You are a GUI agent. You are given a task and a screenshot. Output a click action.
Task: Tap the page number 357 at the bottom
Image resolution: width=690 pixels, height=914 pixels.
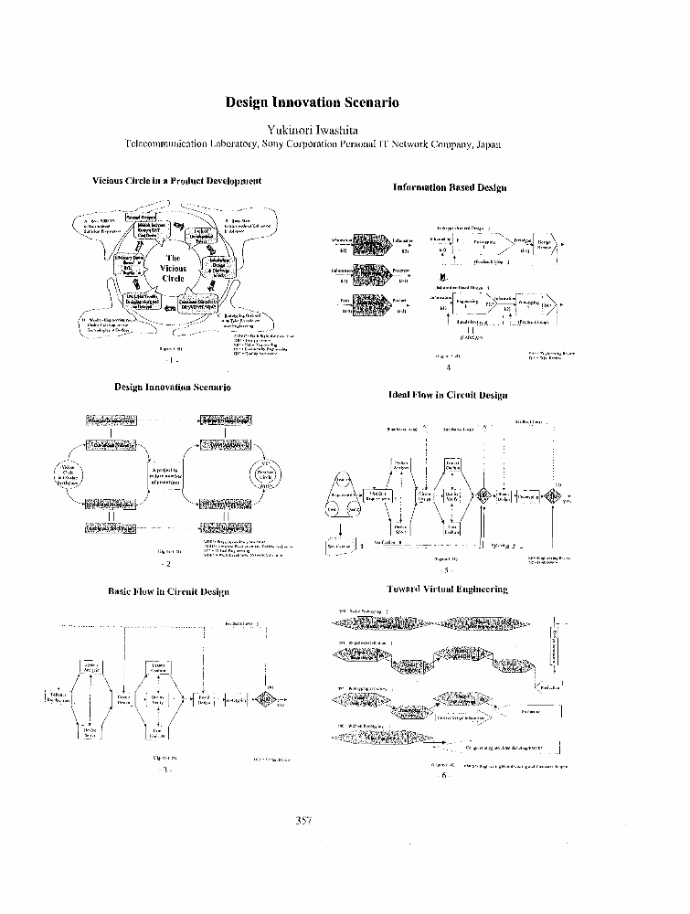[304, 820]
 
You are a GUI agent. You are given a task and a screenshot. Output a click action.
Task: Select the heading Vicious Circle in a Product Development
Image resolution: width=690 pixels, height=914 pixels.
[176, 181]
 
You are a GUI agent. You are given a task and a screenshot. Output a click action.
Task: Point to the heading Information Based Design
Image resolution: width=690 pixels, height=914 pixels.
[449, 186]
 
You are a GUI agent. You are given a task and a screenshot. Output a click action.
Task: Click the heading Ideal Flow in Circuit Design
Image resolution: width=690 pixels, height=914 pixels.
[448, 395]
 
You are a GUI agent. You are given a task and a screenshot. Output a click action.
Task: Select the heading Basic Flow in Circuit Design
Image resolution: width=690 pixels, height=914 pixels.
[173, 591]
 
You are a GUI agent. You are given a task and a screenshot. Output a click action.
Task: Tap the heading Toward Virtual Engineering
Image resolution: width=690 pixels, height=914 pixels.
[448, 590]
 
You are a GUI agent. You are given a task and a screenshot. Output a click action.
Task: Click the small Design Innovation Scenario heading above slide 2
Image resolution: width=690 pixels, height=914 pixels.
[173, 388]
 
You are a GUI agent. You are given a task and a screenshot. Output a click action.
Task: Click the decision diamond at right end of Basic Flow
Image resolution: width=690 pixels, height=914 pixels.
[265, 700]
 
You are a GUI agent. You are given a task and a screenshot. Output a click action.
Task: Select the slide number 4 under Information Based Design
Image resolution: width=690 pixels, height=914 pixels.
[448, 367]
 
